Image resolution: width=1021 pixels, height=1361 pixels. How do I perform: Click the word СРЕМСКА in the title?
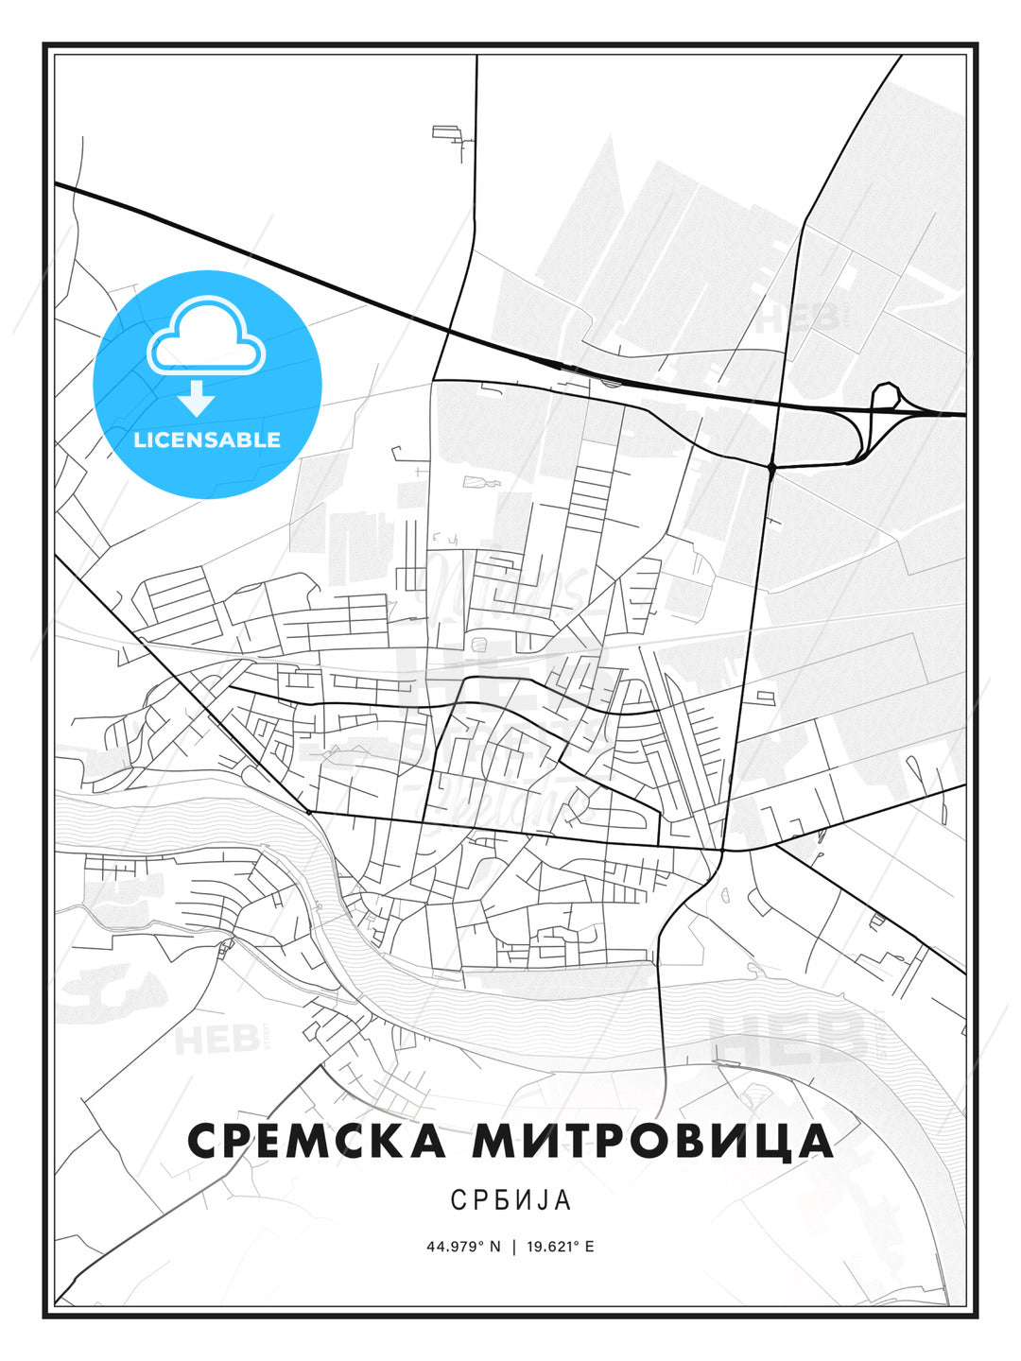coord(316,1141)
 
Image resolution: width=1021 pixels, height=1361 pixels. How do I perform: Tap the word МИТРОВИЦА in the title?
coord(653,1141)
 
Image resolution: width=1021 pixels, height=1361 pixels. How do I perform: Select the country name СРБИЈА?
coord(510,1200)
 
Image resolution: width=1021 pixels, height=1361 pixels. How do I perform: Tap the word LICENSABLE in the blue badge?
coord(207,439)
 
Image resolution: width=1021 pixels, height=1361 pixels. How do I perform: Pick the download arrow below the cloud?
coord(198,399)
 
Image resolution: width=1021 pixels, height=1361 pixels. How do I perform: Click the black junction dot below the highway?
coord(772,467)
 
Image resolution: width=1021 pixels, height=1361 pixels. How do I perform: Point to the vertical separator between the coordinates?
coord(513,1247)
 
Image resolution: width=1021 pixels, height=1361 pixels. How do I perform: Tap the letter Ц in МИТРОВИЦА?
coord(772,1142)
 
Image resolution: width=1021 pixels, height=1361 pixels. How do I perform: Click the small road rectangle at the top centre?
coord(445,131)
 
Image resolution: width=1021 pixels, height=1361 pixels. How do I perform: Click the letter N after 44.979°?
coord(494,1247)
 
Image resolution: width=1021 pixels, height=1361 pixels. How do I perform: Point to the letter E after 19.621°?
coord(590,1247)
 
